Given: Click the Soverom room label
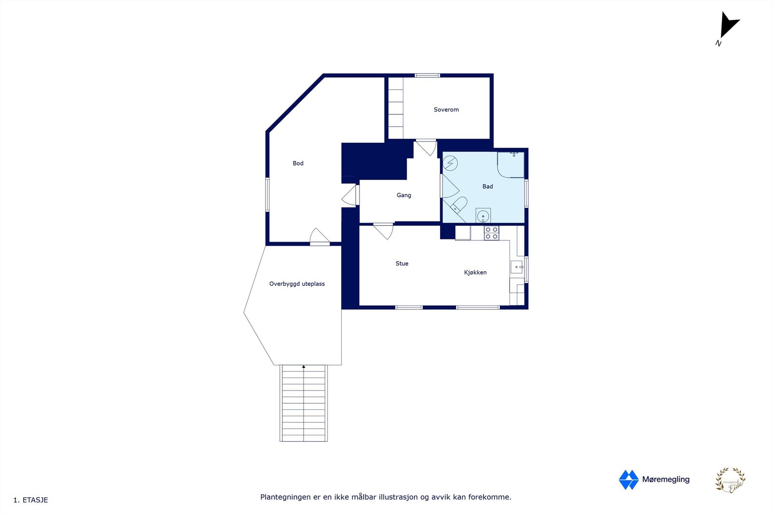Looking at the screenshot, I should (x=446, y=110).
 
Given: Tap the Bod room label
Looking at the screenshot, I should (x=298, y=163).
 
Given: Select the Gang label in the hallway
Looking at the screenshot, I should (x=404, y=195).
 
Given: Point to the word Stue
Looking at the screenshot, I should (x=401, y=264).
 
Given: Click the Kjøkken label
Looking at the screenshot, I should (x=475, y=272).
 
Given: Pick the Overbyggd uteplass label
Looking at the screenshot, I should (x=297, y=284).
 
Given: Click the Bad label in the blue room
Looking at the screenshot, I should (x=487, y=186).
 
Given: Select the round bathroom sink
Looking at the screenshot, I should (x=483, y=216).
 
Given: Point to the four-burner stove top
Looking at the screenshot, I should (x=492, y=233).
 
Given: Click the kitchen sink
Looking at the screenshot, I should (x=516, y=267).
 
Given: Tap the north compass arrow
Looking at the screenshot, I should (x=728, y=25).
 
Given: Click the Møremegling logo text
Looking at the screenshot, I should (x=665, y=479).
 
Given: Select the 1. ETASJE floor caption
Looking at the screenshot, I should (x=31, y=500).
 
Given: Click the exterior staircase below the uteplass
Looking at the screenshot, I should (x=303, y=403).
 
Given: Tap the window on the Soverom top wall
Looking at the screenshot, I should (x=427, y=75).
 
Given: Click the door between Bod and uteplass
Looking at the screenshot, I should (x=319, y=237).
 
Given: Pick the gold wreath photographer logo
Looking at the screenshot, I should (x=730, y=480).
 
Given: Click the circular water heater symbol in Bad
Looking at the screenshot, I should (x=450, y=163).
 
